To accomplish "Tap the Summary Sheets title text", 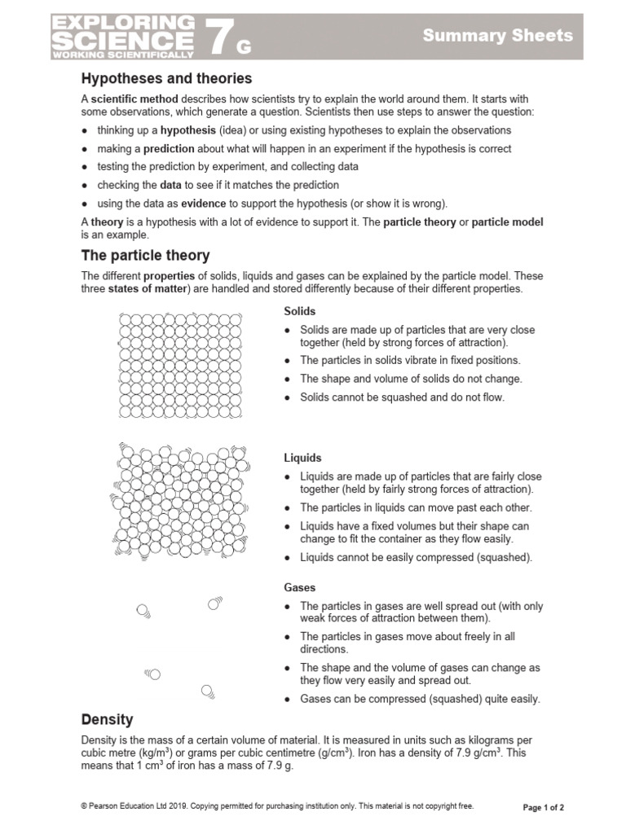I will pyautogui.click(x=497, y=36).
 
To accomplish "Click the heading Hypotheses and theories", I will pyautogui.click(x=166, y=79).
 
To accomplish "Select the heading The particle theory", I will pyautogui.click(x=145, y=256).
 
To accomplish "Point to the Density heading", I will pyautogui.click(x=107, y=720).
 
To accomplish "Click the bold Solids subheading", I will pyautogui.click(x=299, y=311).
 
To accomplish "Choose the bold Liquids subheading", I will pyautogui.click(x=302, y=458).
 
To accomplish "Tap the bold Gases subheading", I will pyautogui.click(x=299, y=587).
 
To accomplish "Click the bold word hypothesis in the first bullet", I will pyautogui.click(x=187, y=130).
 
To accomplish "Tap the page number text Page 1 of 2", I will pyautogui.click(x=543, y=807).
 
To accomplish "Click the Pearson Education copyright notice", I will pyautogui.click(x=277, y=806).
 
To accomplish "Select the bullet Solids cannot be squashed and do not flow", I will pyautogui.click(x=402, y=397).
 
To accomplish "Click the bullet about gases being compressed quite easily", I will pyautogui.click(x=420, y=699).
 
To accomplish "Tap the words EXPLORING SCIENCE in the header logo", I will pyautogui.click(x=123, y=33).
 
